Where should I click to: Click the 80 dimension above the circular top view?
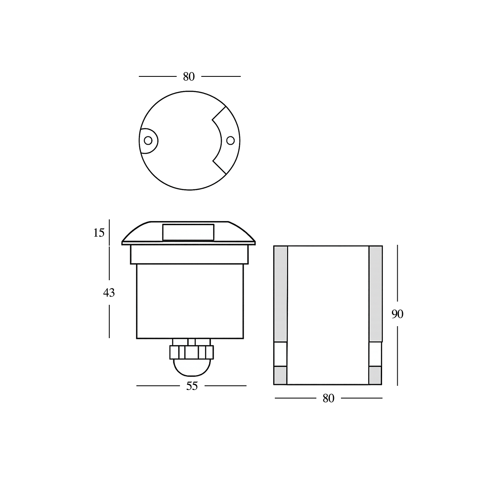point(189,76)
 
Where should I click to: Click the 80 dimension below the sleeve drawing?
point(328,398)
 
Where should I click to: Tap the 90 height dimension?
point(397,314)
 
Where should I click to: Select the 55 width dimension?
point(192,386)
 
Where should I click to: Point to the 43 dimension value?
point(109,293)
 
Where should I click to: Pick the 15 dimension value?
point(99,233)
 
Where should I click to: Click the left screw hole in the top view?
point(148,141)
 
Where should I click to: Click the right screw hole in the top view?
point(230,141)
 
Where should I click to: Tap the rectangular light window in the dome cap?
point(189,232)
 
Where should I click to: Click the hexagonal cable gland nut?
point(191,352)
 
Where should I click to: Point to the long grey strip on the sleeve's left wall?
point(281,293)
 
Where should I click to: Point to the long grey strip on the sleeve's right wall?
point(376,293)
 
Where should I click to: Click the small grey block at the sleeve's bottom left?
point(280,375)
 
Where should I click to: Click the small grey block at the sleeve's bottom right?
point(376,375)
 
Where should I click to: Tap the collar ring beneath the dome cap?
point(189,255)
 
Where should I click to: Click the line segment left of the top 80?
point(157,76)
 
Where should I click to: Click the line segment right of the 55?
point(226,386)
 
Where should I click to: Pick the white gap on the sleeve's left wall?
point(280,353)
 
